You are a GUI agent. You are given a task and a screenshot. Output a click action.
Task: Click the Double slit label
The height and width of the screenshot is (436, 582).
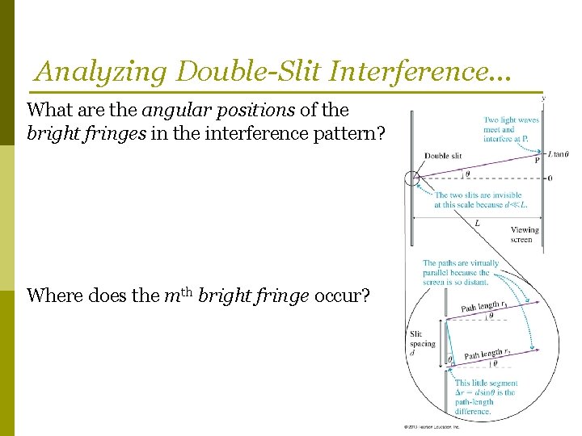(443, 156)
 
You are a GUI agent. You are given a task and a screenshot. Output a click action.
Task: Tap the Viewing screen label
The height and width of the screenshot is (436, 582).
(525, 234)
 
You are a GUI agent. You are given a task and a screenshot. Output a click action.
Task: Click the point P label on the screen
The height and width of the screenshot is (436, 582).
(537, 160)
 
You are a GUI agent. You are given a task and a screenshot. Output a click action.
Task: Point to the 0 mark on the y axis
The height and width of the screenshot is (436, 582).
(550, 178)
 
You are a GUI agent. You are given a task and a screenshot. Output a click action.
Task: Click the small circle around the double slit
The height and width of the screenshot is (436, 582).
(411, 178)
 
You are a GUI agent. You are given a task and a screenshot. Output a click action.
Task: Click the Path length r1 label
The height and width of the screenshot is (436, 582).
(483, 305)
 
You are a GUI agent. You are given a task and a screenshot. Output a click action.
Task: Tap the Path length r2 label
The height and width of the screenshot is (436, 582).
(487, 353)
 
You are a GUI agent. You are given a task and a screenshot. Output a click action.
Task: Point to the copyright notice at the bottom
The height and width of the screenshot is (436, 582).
(432, 426)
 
